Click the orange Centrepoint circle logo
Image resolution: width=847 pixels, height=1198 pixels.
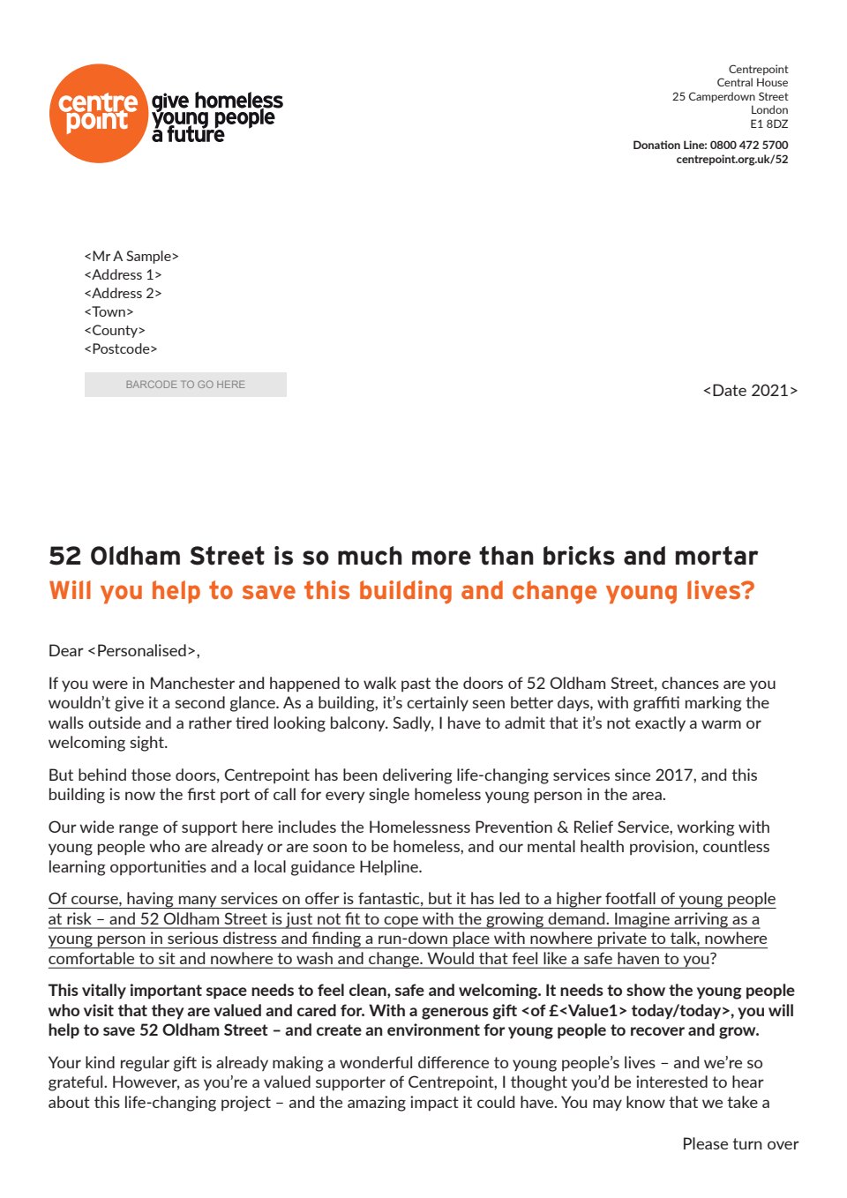click(98, 114)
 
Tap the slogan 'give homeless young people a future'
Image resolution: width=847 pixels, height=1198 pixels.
click(216, 117)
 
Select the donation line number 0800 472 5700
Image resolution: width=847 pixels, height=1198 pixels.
click(749, 145)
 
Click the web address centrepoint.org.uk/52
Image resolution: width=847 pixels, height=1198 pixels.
click(731, 160)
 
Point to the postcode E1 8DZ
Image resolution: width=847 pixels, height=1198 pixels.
click(768, 124)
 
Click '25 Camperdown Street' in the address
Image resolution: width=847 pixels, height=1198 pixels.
click(730, 97)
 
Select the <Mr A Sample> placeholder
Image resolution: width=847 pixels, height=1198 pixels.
click(131, 257)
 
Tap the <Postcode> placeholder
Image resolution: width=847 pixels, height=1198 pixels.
click(121, 349)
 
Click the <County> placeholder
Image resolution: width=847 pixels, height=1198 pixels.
click(115, 331)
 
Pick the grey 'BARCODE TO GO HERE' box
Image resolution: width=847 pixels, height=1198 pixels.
click(185, 385)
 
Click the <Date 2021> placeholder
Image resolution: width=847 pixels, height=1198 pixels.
click(750, 391)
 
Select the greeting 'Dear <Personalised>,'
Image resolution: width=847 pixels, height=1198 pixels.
click(124, 651)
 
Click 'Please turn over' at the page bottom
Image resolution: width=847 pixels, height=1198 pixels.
click(739, 1144)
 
